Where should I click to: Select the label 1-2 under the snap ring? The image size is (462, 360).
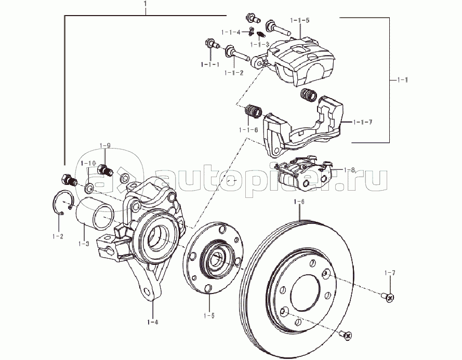pos(58,236)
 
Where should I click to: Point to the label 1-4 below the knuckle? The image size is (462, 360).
pos(153,322)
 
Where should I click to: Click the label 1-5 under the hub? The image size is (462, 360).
pos(209,315)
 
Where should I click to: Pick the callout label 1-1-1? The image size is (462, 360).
pos(210,64)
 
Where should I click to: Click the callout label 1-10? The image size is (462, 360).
pos(89,163)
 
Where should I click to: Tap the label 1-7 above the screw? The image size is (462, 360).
pos(390,273)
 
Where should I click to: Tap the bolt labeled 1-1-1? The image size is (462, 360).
pos(211,43)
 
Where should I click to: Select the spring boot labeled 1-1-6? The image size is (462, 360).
pos(253,112)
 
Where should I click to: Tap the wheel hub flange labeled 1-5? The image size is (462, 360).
pos(215,259)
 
